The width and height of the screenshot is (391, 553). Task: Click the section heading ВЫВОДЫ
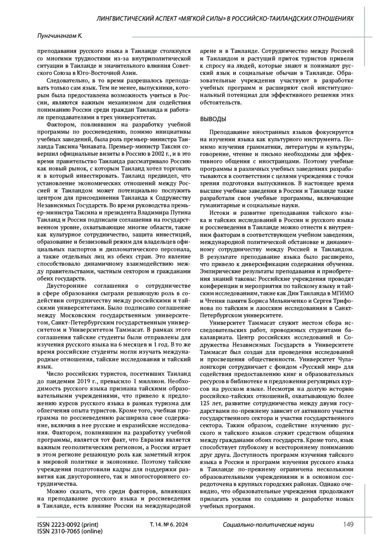click(x=213, y=119)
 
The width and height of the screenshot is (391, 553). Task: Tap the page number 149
click(x=348, y=524)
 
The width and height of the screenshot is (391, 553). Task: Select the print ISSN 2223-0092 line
click(x=68, y=524)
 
